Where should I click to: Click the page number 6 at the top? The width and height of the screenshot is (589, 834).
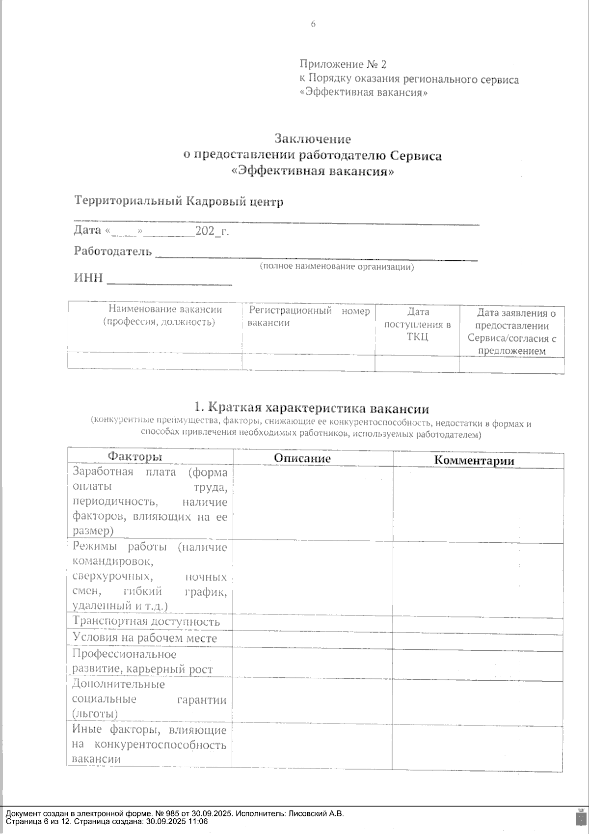pyautogui.click(x=313, y=25)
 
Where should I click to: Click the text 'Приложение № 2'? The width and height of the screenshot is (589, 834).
pyautogui.click(x=343, y=64)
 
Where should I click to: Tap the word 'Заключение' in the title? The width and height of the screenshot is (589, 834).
pyautogui.click(x=313, y=139)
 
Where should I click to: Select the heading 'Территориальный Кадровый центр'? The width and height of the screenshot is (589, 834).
pyautogui.click(x=179, y=201)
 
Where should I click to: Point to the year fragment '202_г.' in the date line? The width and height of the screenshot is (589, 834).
pyautogui.click(x=212, y=230)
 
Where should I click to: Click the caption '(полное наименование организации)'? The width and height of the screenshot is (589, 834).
pyautogui.click(x=337, y=267)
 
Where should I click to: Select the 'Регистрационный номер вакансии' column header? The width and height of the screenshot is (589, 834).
pyautogui.click(x=309, y=317)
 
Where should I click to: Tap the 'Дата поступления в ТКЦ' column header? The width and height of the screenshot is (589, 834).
pyautogui.click(x=417, y=324)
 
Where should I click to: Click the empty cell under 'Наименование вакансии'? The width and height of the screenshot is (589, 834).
pyautogui.click(x=155, y=361)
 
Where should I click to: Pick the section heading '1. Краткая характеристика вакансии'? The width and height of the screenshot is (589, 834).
pyautogui.click(x=312, y=408)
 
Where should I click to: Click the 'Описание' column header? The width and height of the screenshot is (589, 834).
pyautogui.click(x=302, y=458)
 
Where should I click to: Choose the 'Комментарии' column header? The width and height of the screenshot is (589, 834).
pyautogui.click(x=474, y=460)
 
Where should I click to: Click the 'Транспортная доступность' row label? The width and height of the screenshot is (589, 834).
pyautogui.click(x=146, y=621)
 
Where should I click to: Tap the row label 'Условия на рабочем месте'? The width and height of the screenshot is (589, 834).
pyautogui.click(x=144, y=638)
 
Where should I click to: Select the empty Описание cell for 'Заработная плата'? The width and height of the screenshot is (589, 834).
pyautogui.click(x=313, y=501)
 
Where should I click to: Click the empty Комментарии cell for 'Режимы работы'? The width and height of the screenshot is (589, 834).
pyautogui.click(x=478, y=576)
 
